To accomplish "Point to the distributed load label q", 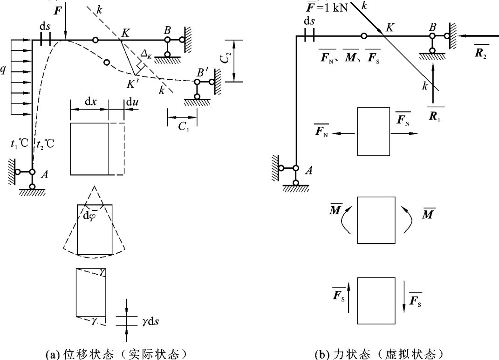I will click(4, 70).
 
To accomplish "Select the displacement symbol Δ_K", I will click(147, 57).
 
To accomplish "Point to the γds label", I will click(145, 322).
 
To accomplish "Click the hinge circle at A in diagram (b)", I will click(295, 168).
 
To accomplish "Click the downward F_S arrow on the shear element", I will click(404, 299).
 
